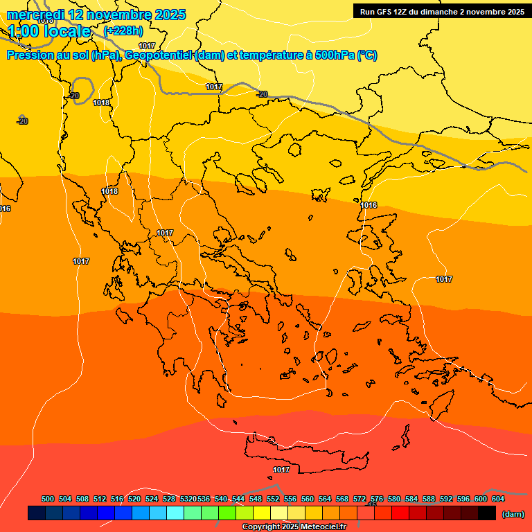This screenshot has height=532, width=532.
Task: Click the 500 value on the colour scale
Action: click(x=48, y=499)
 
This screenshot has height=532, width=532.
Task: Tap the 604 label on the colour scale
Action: click(x=498, y=499)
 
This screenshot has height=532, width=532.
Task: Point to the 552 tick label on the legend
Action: click(x=273, y=499)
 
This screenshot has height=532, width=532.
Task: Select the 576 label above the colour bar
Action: click(x=377, y=499)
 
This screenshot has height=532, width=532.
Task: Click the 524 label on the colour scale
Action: click(x=152, y=499)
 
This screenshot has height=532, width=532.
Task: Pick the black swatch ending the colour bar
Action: click(x=487, y=513)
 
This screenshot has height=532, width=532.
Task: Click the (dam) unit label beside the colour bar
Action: click(x=513, y=514)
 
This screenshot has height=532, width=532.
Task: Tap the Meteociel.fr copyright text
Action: click(x=294, y=527)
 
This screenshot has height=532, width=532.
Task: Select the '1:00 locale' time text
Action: click(x=50, y=31)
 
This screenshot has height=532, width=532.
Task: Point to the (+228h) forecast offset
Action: click(x=123, y=31)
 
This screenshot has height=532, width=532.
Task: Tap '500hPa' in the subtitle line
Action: click(x=335, y=55)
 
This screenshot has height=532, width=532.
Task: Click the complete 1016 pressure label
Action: click(x=369, y=206)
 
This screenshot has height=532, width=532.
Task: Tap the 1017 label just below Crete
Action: click(x=281, y=470)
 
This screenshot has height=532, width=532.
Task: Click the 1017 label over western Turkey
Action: click(x=444, y=279)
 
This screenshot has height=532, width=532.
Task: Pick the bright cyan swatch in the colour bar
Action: click(x=175, y=513)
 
